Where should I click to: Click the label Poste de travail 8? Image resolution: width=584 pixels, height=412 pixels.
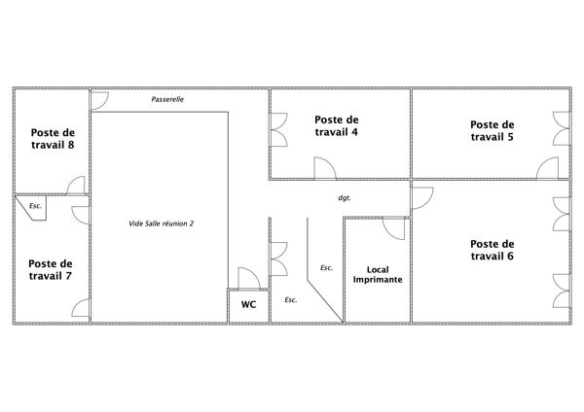53,139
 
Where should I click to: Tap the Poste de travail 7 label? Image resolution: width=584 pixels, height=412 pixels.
51,269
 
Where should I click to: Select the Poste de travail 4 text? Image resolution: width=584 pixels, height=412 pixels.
337,125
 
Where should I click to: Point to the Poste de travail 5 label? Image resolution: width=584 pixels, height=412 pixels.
492,130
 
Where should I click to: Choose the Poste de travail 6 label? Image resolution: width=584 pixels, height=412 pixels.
492,250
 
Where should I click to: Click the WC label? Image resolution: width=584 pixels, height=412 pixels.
248,304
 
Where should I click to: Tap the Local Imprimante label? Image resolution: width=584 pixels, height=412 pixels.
378,274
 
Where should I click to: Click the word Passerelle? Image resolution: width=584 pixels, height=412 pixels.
167,99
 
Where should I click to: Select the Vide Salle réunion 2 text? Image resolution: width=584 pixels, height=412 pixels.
162,223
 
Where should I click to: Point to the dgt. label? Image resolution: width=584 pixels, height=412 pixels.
345,198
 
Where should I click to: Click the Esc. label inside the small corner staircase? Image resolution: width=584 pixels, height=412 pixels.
35,206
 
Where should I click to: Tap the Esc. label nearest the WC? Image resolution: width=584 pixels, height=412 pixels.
291,299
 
